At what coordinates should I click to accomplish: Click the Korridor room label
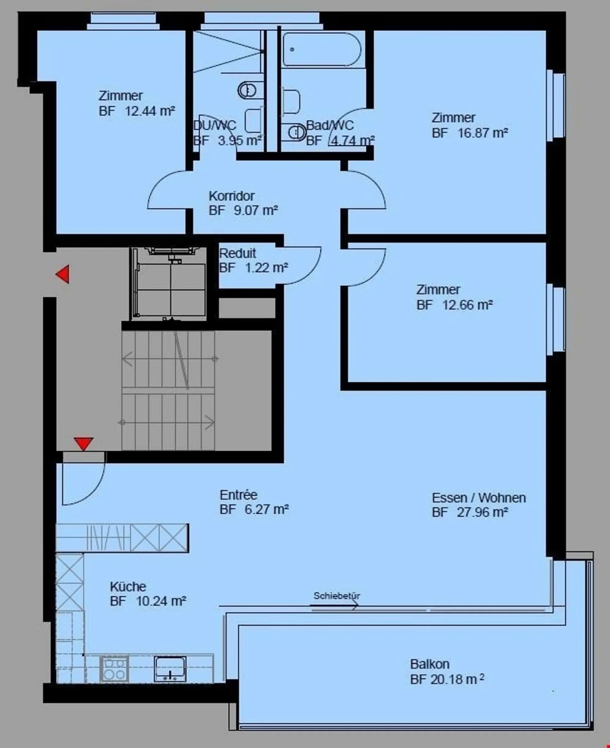(x=232, y=196)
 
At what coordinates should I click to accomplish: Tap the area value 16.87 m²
(x=483, y=133)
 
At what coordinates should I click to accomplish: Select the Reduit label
(x=238, y=253)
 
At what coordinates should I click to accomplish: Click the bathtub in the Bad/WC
(x=322, y=50)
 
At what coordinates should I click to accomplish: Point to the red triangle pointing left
(x=63, y=274)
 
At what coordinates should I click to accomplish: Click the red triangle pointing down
(x=84, y=444)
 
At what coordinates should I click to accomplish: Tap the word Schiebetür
(x=337, y=596)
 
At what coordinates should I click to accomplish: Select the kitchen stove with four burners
(x=114, y=669)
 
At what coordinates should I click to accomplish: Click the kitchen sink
(x=170, y=669)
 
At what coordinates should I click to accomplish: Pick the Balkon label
(x=430, y=664)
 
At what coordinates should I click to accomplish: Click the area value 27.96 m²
(x=483, y=512)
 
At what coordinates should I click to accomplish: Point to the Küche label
(x=128, y=586)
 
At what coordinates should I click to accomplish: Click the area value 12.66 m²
(x=467, y=305)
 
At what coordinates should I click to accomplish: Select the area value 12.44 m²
(x=150, y=111)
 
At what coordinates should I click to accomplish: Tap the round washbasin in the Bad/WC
(x=297, y=132)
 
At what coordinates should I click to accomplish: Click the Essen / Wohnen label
(x=479, y=498)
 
